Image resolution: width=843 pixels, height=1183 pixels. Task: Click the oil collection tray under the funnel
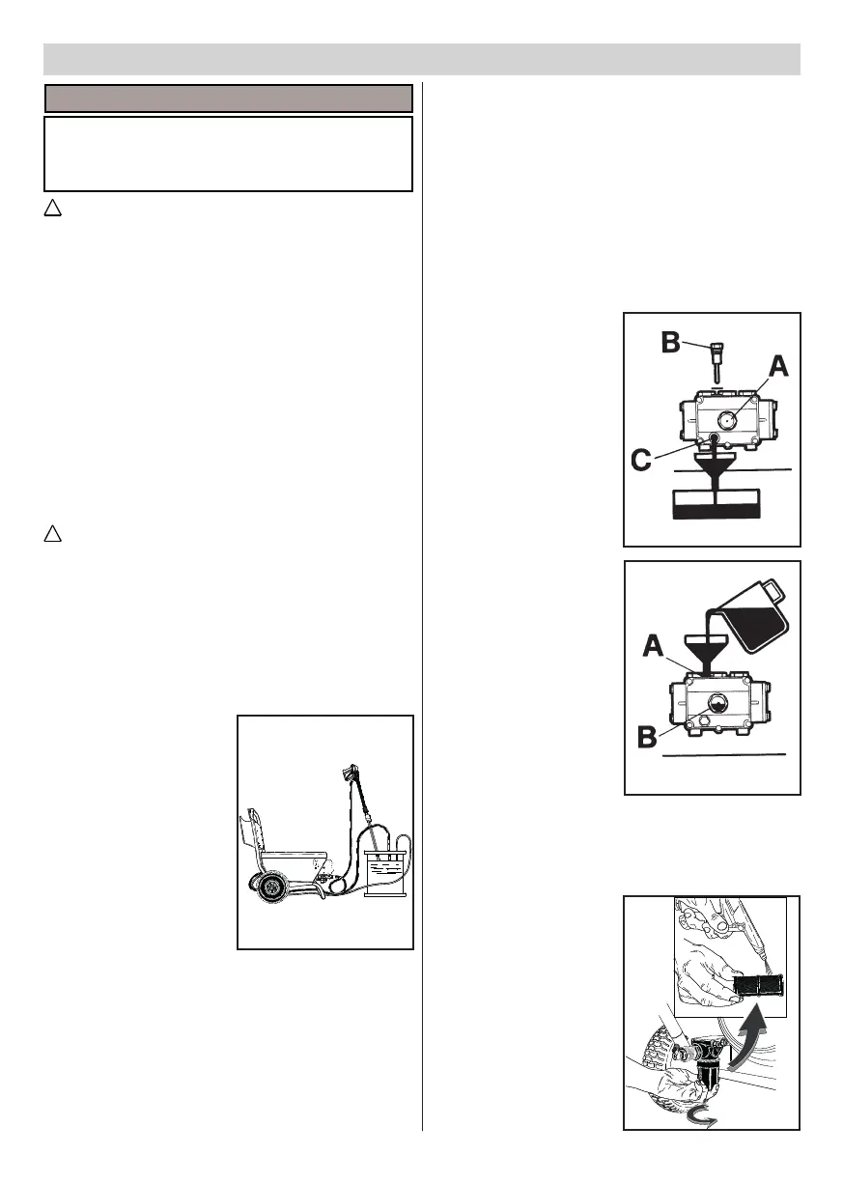pyautogui.click(x=716, y=503)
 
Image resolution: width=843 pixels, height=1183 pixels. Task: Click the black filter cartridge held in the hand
pyautogui.click(x=759, y=986)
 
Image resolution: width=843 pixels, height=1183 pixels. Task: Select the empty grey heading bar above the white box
pyautogui.click(x=229, y=99)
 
